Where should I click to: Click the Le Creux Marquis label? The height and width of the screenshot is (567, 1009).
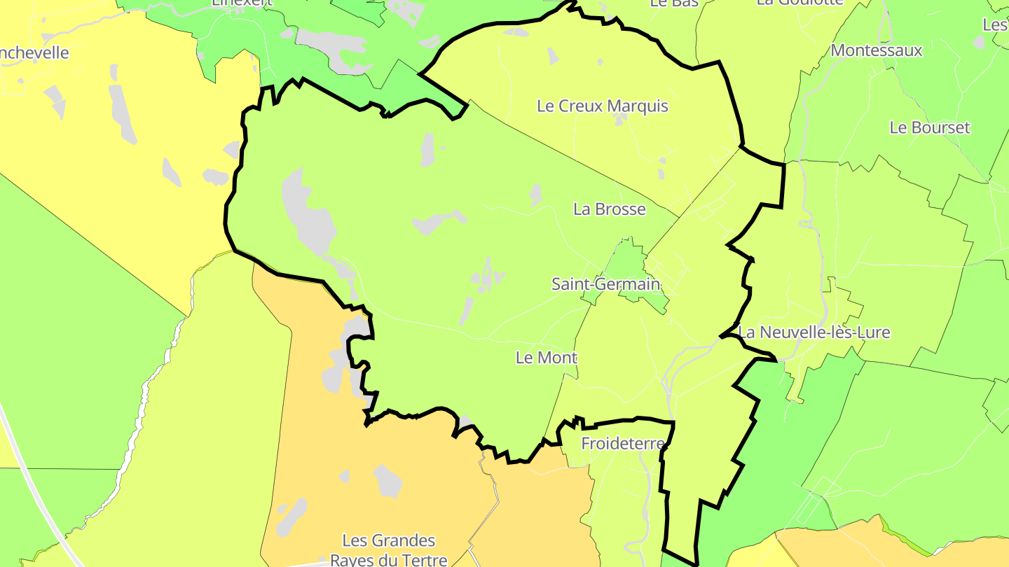pos(602,106)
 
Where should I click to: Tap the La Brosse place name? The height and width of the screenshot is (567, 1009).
pos(609,209)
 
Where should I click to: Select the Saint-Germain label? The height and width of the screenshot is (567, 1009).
pos(605,284)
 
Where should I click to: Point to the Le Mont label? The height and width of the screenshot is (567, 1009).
pos(546,358)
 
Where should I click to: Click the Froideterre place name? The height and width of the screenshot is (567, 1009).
pos(622,444)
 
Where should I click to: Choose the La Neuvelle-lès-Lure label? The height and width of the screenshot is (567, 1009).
pos(814,332)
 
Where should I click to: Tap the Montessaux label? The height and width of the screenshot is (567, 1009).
pos(876,50)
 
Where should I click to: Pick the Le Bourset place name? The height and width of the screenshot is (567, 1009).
pos(929,128)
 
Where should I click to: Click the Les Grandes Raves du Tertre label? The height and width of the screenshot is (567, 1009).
pos(388,549)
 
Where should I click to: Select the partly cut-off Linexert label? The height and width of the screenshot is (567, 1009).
pos(242,3)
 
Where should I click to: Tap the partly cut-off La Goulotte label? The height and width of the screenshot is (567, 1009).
pos(799,3)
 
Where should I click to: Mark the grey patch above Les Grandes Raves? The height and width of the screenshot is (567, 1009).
pos(387,481)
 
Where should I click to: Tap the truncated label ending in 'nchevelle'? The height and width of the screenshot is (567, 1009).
pos(35,53)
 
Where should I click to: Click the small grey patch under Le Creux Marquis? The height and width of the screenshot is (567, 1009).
pos(619,121)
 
